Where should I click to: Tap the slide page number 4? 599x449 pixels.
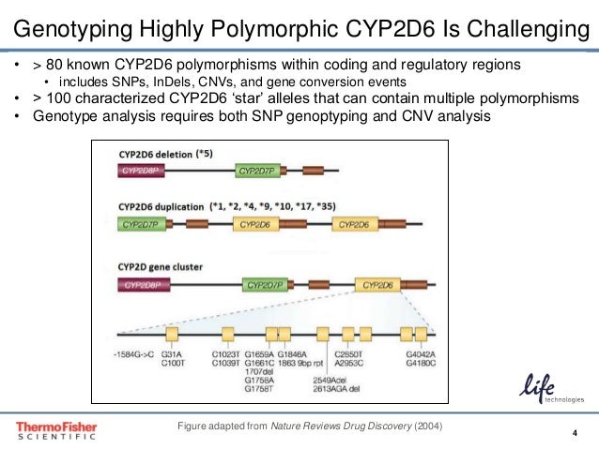pos(573,432)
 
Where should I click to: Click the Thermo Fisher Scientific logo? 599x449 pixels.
pos(55,429)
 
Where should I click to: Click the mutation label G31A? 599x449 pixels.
pos(172,354)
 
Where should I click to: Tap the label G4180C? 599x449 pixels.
pos(421,363)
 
